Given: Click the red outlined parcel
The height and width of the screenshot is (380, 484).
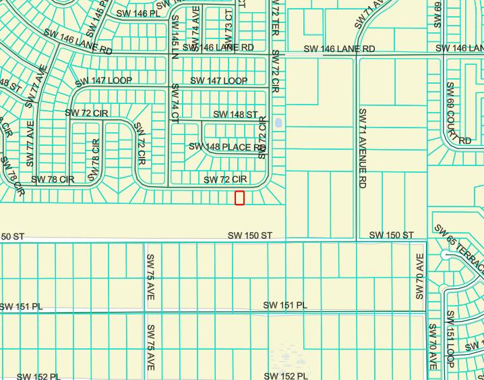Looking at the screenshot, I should [x=239, y=198].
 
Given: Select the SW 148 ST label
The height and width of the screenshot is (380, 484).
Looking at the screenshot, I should [x=235, y=115].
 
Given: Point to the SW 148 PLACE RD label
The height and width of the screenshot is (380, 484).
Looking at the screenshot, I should [x=226, y=146].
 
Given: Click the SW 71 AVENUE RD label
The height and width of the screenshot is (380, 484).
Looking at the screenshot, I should [x=362, y=147].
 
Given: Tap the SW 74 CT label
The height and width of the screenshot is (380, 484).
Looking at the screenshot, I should [x=175, y=103].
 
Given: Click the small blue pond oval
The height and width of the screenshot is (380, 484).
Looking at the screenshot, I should [x=278, y=124].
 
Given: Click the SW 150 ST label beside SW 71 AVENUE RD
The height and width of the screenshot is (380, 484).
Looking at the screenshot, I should [x=391, y=235].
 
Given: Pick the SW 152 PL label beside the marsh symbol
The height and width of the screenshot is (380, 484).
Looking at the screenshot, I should [x=286, y=376].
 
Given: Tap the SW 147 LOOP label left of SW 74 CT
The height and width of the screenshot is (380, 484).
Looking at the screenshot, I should [x=104, y=80].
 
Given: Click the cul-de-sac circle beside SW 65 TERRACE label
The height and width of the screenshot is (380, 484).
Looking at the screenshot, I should [x=445, y=254].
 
